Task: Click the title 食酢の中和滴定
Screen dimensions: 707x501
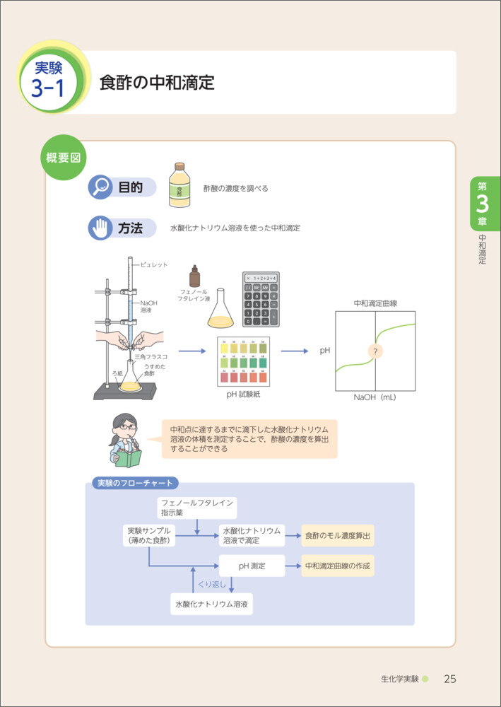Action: coord(157,82)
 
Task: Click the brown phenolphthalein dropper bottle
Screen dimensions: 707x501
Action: coord(194,276)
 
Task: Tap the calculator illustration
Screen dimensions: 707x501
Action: coord(260,299)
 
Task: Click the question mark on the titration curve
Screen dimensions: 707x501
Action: coord(375,351)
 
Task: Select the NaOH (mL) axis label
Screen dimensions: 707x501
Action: coord(375,397)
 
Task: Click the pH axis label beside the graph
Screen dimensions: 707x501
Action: coord(325,350)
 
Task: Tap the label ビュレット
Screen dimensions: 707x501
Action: coord(155,265)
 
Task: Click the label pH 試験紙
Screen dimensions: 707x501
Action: coord(243,394)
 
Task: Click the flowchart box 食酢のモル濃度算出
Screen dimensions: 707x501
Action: coord(338,535)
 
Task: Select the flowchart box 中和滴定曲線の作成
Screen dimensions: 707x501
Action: coord(338,566)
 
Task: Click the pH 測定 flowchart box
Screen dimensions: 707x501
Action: coord(252,566)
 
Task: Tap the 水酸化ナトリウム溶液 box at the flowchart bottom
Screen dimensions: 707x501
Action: coord(212,604)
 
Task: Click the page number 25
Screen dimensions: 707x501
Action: coord(450,679)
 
